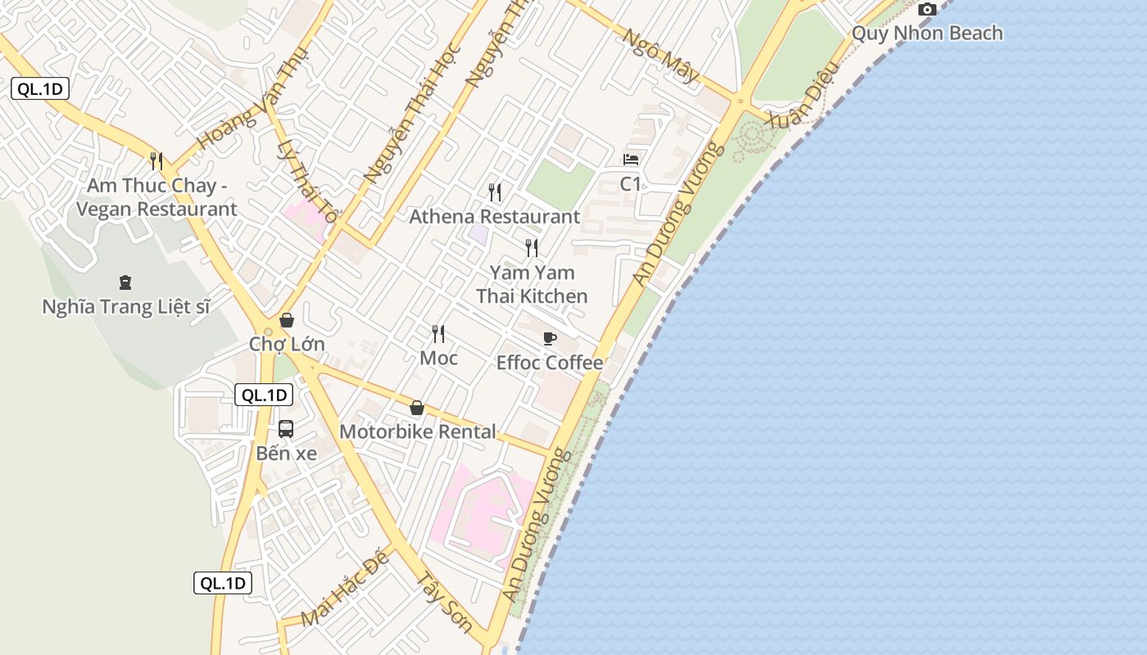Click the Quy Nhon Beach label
point(927,34)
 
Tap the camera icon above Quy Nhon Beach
point(927,10)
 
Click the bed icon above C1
point(630,160)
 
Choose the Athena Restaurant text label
point(494,217)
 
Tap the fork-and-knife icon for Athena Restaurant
point(494,192)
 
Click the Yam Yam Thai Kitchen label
point(532,284)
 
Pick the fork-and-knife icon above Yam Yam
point(532,247)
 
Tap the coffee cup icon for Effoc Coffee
point(549,338)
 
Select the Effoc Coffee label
point(549,363)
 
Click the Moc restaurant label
point(438,358)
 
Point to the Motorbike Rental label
point(417,431)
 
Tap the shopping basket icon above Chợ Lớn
point(287,320)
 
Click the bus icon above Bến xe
point(285,428)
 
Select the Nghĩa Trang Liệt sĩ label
point(125,307)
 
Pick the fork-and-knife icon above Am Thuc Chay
point(156,160)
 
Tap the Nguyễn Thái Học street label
point(412,112)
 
